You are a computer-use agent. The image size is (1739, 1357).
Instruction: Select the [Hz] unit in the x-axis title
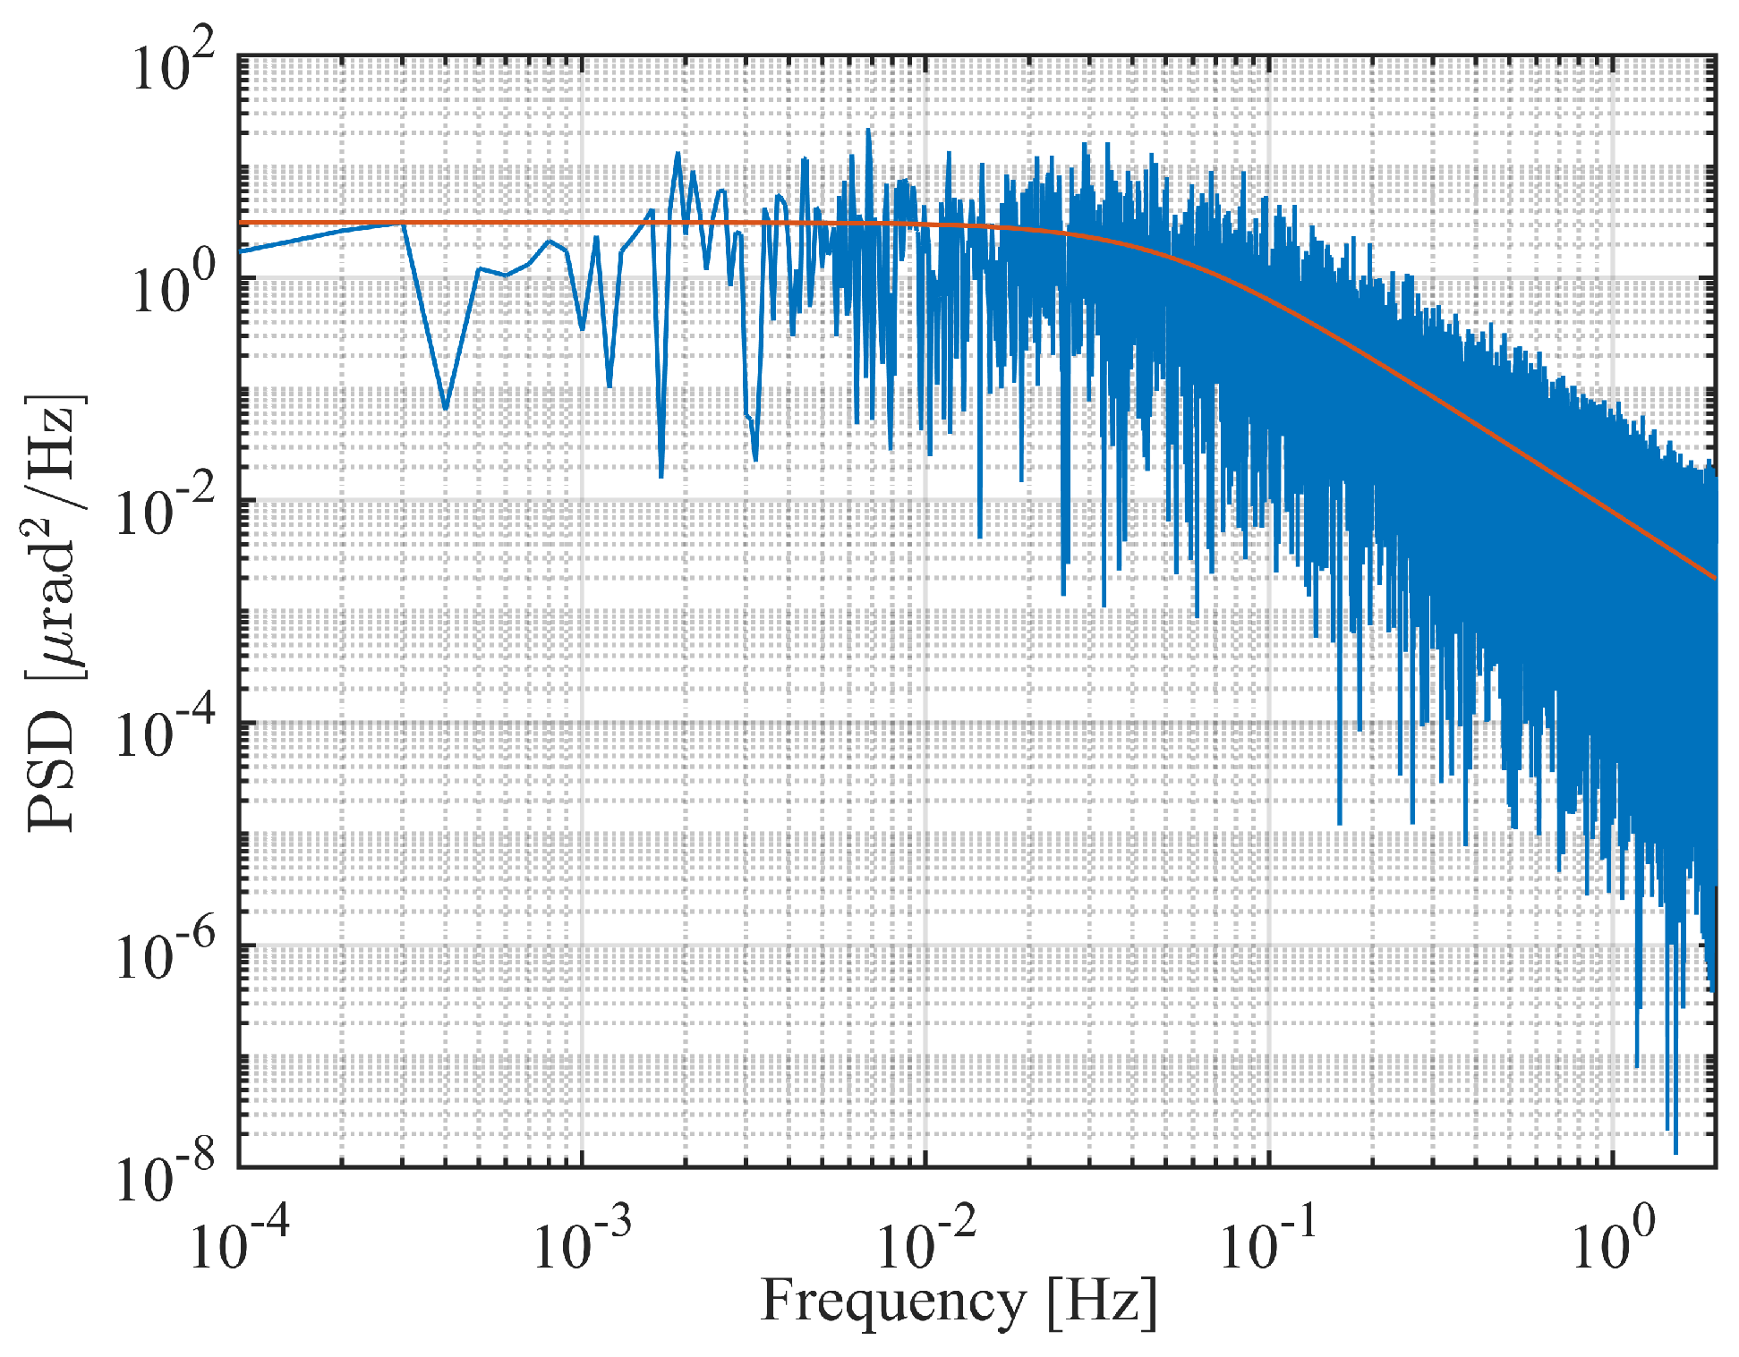click(x=1102, y=1302)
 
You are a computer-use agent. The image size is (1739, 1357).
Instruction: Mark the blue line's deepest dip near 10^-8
click(x=1675, y=1151)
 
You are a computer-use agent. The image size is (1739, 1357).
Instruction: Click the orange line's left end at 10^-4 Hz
click(x=242, y=223)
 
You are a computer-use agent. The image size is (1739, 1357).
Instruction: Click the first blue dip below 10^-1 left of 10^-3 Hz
click(x=446, y=409)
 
